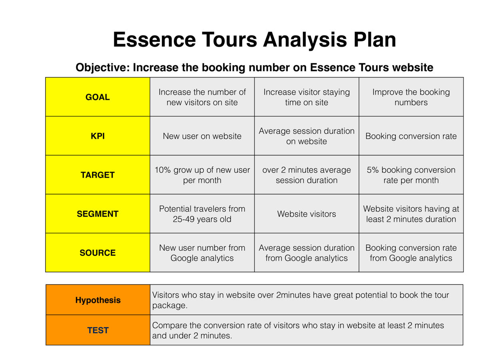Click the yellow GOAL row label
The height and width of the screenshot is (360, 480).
tap(97, 97)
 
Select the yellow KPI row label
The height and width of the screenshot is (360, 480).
tap(97, 136)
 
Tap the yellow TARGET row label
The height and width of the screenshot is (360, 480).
tap(97, 175)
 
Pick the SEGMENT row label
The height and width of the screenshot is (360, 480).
tap(97, 214)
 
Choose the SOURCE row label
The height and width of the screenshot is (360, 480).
tap(97, 252)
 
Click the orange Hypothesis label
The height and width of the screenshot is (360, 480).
tap(98, 300)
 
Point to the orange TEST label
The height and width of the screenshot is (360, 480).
tap(98, 330)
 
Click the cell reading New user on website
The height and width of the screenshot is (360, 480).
tap(202, 136)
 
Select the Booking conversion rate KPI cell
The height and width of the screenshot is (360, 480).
tap(411, 136)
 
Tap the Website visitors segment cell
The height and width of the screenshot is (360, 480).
tap(307, 214)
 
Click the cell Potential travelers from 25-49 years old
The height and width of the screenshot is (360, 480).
tap(202, 214)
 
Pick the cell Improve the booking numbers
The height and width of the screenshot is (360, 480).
tap(411, 97)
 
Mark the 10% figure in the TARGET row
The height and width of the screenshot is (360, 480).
tap(163, 170)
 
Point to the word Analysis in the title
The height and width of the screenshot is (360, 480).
tap(305, 40)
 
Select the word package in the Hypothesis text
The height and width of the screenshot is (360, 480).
tap(170, 306)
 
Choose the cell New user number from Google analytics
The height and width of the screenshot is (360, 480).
tap(202, 252)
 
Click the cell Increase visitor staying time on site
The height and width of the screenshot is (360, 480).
tap(307, 97)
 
